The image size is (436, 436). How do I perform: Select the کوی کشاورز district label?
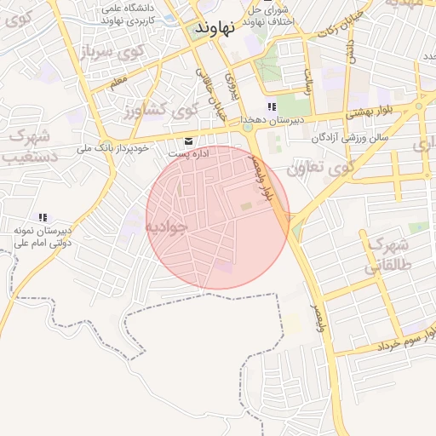160,112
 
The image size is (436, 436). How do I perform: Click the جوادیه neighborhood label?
165,227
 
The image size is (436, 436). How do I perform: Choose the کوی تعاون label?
318,169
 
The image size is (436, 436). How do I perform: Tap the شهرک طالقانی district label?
387,255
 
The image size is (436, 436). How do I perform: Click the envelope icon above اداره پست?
188,141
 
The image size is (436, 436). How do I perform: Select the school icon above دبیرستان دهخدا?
271,106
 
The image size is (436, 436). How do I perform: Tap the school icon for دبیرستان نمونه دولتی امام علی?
43,218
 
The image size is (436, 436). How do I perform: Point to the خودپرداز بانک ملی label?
113,148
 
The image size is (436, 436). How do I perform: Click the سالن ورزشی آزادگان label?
349,136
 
